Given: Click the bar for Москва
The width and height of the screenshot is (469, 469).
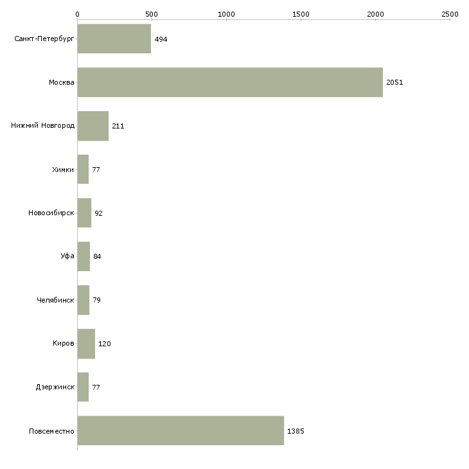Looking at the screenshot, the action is tap(230, 82).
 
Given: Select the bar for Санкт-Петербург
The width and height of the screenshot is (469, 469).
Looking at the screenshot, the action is tap(114, 39).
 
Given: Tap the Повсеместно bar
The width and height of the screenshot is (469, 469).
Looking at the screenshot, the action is tap(181, 430).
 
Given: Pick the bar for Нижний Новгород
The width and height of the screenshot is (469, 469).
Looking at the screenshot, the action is tap(93, 126).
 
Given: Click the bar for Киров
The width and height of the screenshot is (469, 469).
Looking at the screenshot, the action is tap(86, 344).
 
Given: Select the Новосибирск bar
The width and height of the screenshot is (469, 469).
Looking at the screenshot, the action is tap(84, 213).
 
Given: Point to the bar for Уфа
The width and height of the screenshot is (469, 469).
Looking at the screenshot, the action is tap(84, 256).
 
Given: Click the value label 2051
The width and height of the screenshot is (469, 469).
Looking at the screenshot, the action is tap(394, 82).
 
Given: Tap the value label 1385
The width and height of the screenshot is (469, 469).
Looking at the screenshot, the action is tap(296, 431).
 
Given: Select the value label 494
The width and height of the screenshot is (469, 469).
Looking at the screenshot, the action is tap(161, 39).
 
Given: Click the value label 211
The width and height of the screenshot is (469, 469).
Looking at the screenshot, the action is tap(118, 126).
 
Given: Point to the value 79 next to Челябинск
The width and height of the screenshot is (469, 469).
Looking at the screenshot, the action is tap(96, 300).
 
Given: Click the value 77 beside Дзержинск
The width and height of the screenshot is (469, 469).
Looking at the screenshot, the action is tap(96, 387).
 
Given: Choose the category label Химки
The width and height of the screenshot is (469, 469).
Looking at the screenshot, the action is tap(63, 170).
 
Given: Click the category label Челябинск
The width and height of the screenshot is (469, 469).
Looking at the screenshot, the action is tap(55, 300).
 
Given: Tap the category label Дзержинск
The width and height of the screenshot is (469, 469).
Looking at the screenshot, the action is tap(55, 387).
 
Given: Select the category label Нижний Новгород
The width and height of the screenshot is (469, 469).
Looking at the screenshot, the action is tap(43, 125).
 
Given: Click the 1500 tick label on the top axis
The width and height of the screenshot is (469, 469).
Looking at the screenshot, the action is tap(301, 14).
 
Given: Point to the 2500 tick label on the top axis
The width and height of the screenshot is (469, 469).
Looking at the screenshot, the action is tap(450, 14).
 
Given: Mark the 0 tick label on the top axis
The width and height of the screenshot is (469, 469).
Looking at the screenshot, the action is tap(78, 14).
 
